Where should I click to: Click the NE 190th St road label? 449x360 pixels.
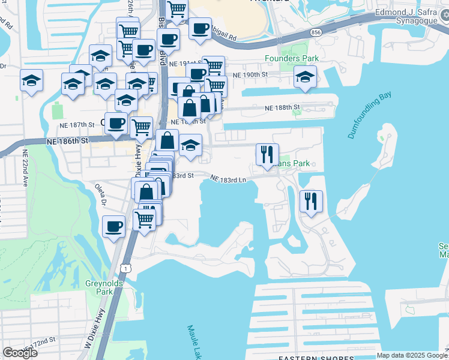click(x=249, y=74)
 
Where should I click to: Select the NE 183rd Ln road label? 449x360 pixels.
click(x=229, y=179)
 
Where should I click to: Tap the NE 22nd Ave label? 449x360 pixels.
click(x=25, y=168)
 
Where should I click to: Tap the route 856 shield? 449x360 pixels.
click(x=316, y=31)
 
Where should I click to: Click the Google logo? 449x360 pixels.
click(x=20, y=352)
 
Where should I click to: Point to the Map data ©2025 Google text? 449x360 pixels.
click(x=412, y=355)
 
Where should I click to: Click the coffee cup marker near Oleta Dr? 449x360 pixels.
click(x=113, y=227)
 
